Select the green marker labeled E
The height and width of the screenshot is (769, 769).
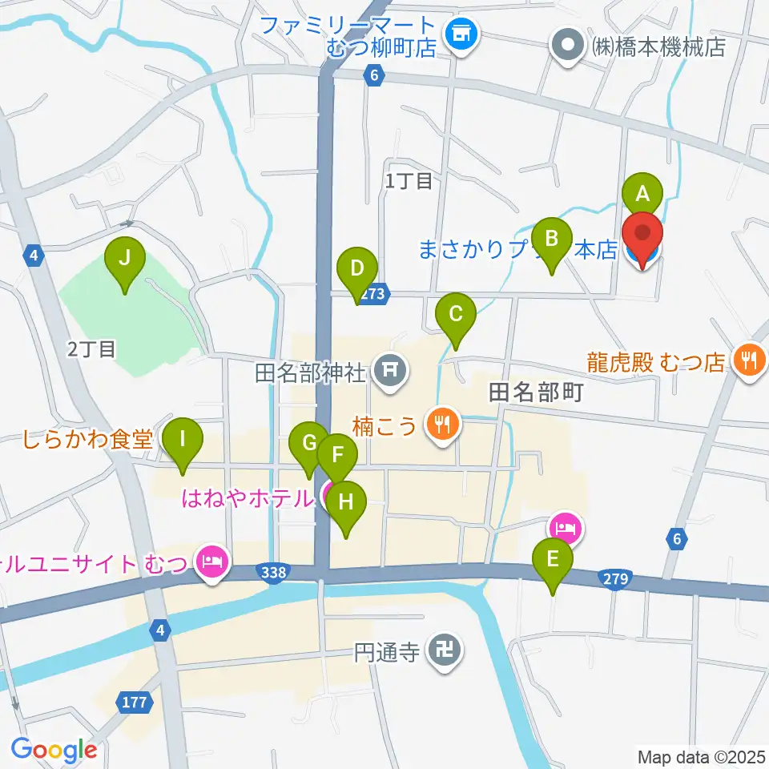pos(553,559)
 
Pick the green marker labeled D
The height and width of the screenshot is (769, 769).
pos(356,269)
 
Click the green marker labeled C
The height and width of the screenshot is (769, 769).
pos(455,314)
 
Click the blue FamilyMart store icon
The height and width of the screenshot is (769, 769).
pos(461,34)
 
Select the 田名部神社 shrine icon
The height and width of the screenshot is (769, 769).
pos(390,370)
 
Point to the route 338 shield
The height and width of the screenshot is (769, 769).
pos(272,571)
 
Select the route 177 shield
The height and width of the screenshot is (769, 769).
pos(135,703)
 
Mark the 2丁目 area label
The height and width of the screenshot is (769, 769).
pos(92,348)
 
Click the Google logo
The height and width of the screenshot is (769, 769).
pos(54,750)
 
